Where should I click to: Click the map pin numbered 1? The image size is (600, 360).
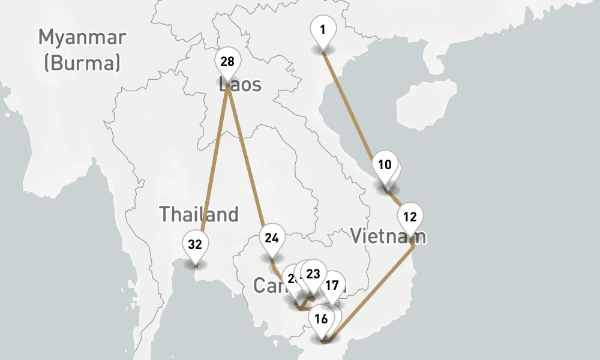click(323, 29)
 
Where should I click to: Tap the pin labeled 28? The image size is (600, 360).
click(227, 62)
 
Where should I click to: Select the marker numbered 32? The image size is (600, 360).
click(194, 245)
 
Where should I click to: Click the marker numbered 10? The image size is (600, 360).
click(385, 165)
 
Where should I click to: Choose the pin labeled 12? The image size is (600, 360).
click(410, 217)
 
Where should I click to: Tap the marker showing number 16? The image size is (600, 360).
click(321, 319)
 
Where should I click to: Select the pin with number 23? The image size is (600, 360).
click(313, 274)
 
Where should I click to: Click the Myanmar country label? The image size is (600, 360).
click(82, 37)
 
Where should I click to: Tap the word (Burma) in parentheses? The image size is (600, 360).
click(82, 62)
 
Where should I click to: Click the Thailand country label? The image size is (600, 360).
click(199, 214)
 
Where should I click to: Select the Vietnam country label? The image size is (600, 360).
click(388, 236)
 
